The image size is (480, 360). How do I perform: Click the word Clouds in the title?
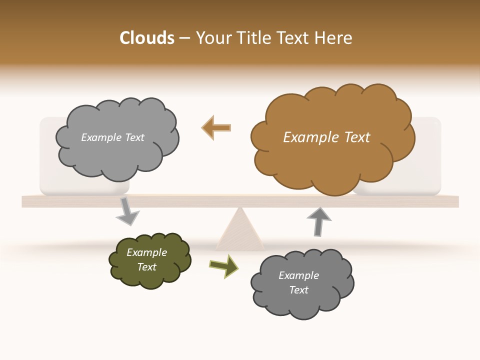click(x=147, y=38)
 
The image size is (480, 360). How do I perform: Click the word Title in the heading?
click(x=253, y=38)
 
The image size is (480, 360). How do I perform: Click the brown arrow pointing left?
click(x=216, y=127)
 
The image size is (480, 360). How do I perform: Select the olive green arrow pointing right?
click(x=224, y=266)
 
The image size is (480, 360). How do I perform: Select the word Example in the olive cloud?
click(x=146, y=252)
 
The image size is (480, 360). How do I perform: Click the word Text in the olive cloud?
click(x=146, y=267)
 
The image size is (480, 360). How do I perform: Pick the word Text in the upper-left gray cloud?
click(x=134, y=137)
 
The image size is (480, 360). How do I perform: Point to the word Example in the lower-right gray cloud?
click(x=298, y=275)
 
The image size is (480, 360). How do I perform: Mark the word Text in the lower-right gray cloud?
click(x=298, y=290)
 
